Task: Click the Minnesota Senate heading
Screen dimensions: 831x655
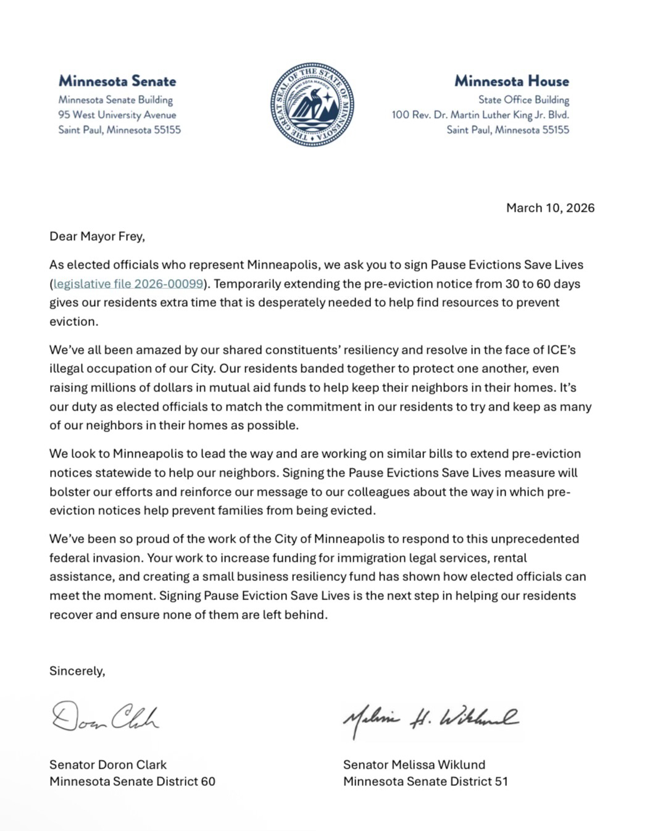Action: (117, 81)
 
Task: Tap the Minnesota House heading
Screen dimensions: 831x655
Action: (512, 81)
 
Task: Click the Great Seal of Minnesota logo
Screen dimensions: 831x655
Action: (312, 104)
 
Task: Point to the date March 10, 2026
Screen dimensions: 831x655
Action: (550, 208)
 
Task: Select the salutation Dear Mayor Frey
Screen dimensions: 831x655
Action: (97, 236)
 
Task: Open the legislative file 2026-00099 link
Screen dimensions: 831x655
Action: (128, 284)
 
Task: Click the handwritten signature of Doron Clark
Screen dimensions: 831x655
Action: (105, 717)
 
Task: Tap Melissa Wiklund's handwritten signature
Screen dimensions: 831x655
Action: (430, 719)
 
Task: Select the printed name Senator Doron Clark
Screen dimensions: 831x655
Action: (108, 765)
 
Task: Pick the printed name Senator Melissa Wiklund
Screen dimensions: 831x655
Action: (414, 765)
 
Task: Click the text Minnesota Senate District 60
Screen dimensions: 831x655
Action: (132, 782)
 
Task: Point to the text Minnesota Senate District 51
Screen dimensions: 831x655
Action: (425, 782)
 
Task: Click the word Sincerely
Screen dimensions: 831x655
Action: (77, 671)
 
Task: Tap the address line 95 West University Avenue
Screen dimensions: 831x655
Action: (117, 115)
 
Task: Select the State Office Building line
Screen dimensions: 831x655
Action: (524, 100)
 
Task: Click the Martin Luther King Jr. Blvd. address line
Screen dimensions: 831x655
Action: (480, 115)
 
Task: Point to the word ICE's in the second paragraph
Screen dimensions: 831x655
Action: (561, 350)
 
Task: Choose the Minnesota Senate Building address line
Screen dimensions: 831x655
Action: (115, 100)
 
